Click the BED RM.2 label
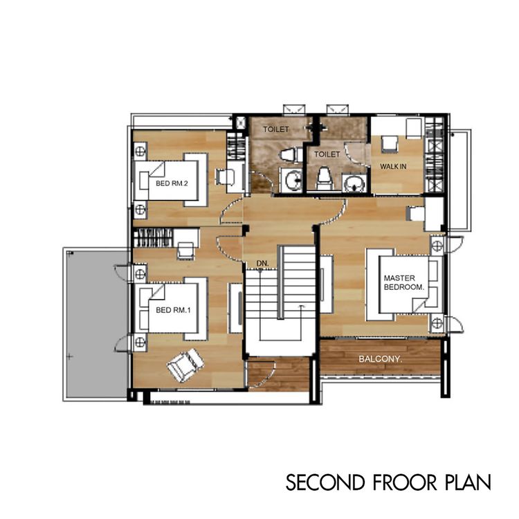(172, 183)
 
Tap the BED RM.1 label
(173, 310)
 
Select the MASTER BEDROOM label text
(404, 282)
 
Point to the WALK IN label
(393, 166)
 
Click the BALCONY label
(381, 358)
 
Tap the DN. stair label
(262, 264)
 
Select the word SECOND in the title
(325, 482)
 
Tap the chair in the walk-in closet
(389, 145)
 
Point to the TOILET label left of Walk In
(327, 154)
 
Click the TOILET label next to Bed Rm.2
(275, 129)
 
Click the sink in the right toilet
(354, 183)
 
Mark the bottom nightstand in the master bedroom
(437, 322)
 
